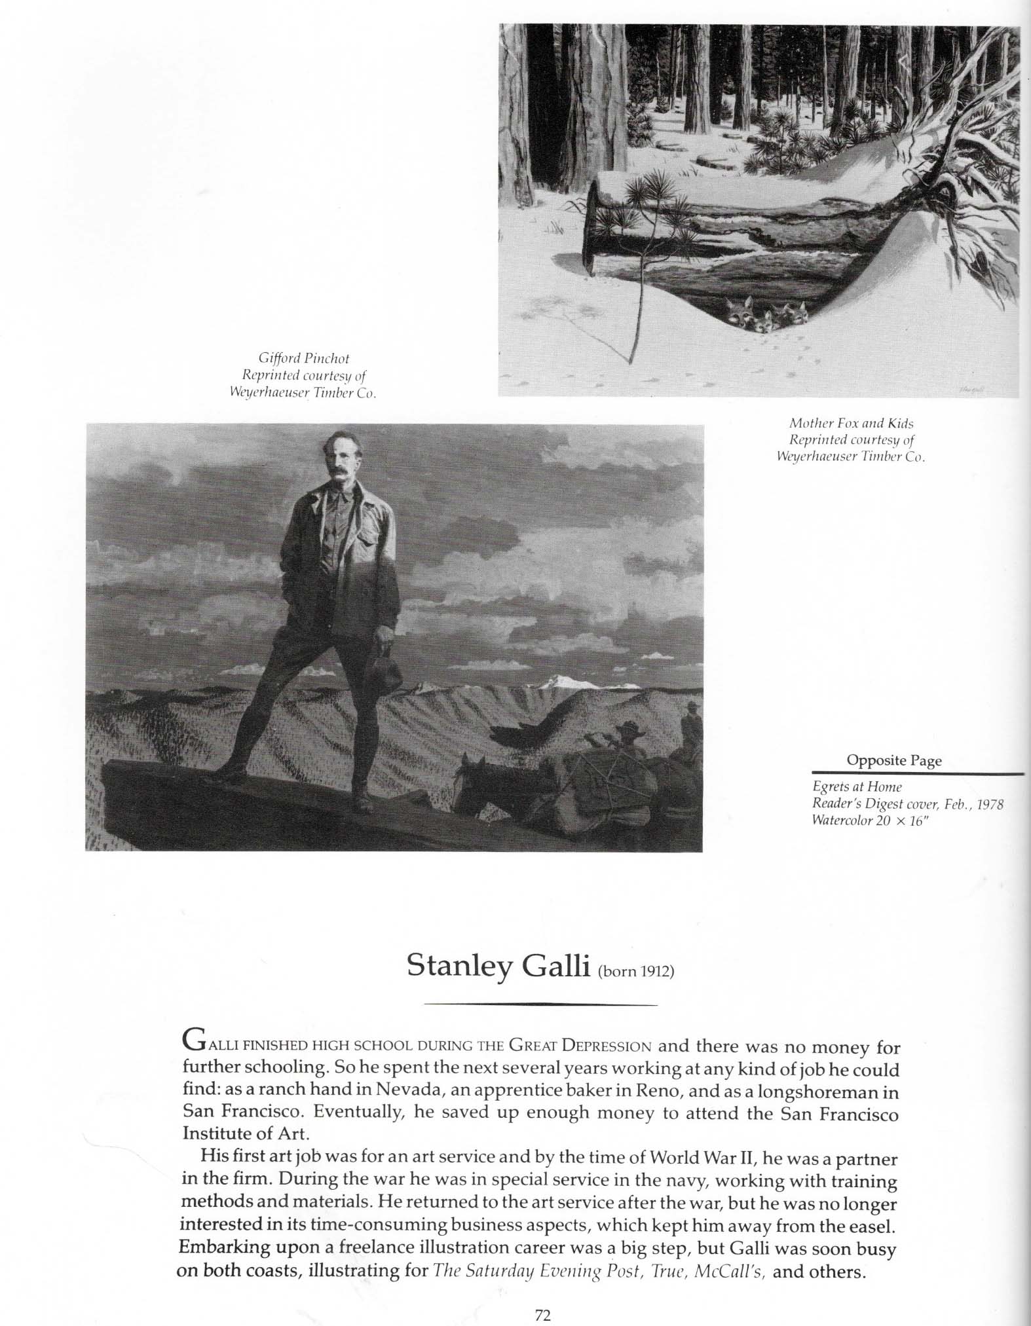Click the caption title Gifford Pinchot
click(x=304, y=358)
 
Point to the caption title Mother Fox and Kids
click(x=851, y=423)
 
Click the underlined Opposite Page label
click(x=893, y=760)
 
